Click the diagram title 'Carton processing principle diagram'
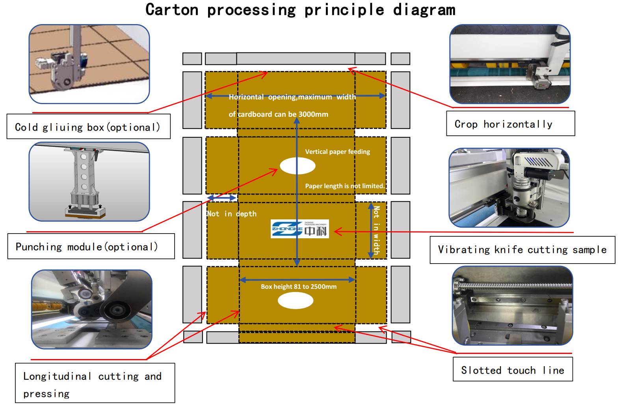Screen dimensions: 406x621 click(300, 10)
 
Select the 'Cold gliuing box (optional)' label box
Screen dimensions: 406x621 click(88, 127)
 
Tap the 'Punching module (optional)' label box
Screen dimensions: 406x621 click(91, 247)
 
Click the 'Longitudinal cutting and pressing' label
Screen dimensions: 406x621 click(95, 383)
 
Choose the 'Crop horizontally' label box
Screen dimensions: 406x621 click(510, 124)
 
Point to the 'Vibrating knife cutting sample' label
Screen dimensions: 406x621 click(522, 250)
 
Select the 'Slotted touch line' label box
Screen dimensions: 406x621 click(513, 370)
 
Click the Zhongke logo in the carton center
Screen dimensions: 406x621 click(299, 229)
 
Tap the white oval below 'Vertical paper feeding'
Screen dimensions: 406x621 click(297, 166)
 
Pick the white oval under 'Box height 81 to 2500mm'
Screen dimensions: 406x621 click(296, 301)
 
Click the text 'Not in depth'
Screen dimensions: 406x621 click(232, 214)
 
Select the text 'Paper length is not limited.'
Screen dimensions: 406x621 click(345, 186)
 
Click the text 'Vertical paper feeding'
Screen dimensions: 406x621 click(337, 152)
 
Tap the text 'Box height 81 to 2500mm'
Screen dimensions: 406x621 click(299, 287)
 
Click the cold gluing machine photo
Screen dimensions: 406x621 click(89, 64)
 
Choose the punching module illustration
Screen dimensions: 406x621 click(89, 182)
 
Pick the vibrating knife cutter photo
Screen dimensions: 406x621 click(509, 188)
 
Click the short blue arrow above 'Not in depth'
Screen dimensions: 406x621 click(221, 198)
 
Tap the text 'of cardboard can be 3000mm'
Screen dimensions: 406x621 click(278, 114)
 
